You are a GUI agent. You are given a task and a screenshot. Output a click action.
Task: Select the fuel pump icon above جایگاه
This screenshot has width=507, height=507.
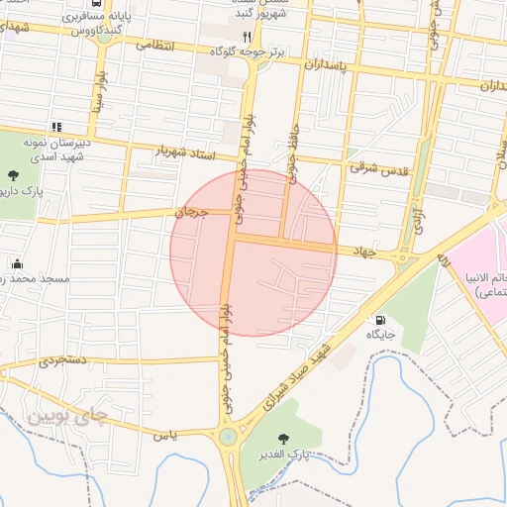pos(380,320)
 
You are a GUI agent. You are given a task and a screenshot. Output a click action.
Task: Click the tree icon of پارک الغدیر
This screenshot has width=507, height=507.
pos(285,439)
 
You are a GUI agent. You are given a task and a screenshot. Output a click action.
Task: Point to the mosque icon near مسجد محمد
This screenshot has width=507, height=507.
pos(17,263)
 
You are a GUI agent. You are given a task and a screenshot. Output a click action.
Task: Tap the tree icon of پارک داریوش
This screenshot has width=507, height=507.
pos(12,175)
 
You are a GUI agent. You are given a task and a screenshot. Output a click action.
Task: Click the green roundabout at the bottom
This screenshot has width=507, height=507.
pos(229,437)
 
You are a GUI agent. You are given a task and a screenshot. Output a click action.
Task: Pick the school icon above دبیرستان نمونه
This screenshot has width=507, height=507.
pos(56,127)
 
